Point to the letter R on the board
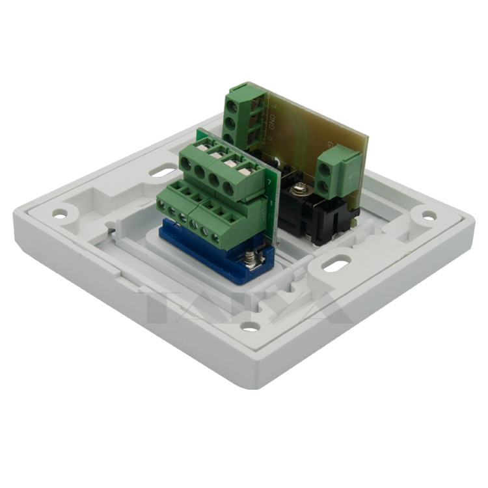click(271, 138)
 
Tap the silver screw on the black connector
click(301, 189)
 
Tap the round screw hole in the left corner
click(60, 213)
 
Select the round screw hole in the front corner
click(250, 327)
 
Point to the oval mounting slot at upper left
click(159, 172)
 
